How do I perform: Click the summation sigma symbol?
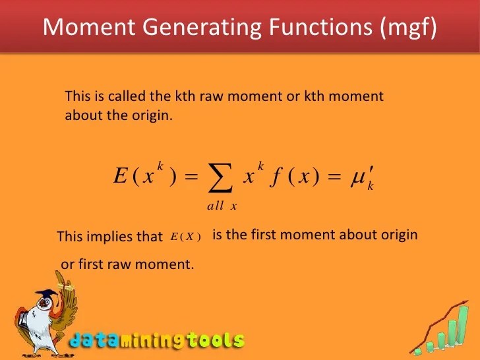pos(221,176)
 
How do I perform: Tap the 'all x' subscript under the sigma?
pos(222,206)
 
